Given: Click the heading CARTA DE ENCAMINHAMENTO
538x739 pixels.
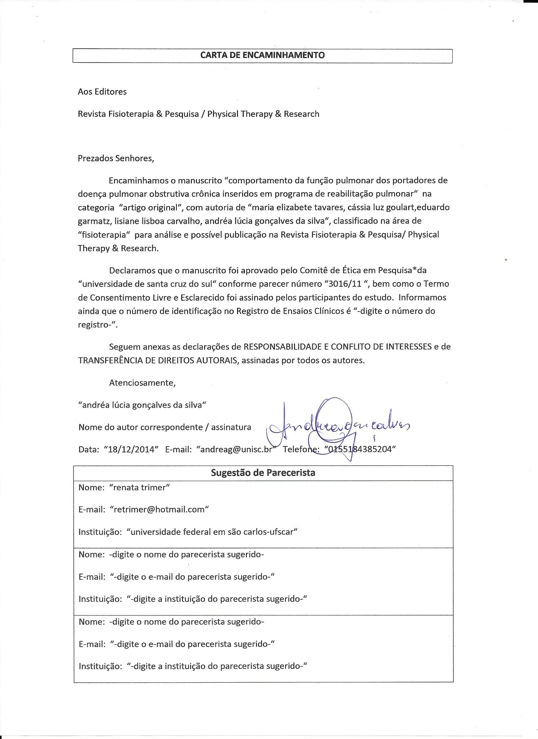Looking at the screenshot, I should coord(262,55).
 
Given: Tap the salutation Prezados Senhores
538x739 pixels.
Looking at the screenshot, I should coord(116,158).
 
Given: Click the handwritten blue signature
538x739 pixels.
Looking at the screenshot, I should coord(336,427).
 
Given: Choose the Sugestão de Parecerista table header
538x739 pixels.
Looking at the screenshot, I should coord(263,473).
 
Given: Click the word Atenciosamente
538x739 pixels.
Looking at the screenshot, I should coord(142,382).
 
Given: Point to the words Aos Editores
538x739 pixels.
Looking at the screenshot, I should coord(102,92).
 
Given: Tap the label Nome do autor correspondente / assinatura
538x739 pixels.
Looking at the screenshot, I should coord(165,427).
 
